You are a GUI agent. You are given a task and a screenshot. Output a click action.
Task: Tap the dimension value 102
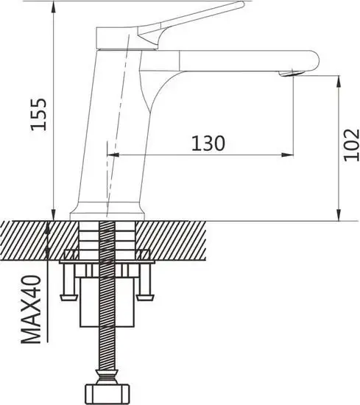pos(350,144)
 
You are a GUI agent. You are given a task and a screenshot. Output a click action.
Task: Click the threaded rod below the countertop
pos(107,339)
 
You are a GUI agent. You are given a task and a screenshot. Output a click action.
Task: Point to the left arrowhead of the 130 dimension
pos(114,155)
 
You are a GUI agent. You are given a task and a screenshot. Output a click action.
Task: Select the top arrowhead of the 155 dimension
pos(53,6)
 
